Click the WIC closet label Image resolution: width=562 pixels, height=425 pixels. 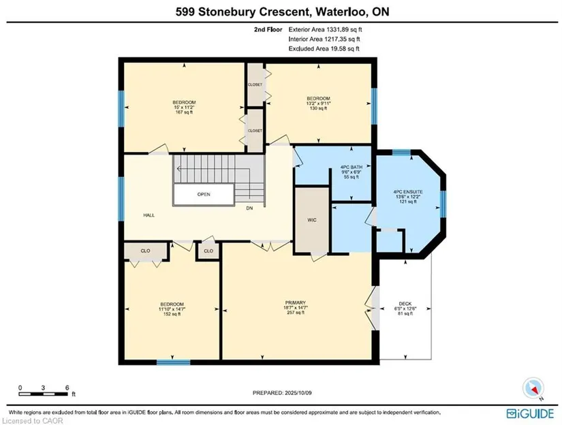tap(312, 220)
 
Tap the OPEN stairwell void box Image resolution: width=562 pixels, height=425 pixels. tap(204, 195)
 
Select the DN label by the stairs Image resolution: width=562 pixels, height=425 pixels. tap(249, 208)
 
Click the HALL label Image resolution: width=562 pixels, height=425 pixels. tap(149, 215)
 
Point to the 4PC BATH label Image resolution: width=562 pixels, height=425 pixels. tap(352, 167)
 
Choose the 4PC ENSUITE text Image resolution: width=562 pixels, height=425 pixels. tap(408, 192)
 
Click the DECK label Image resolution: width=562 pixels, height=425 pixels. tap(405, 304)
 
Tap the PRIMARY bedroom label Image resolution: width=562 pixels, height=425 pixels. tap(296, 303)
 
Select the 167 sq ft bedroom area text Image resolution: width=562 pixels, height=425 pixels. tap(184, 112)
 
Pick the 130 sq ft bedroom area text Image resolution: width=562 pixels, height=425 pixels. tap(318, 108)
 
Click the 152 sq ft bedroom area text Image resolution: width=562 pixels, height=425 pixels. tap(172, 314)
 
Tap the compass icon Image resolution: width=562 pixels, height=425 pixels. tap(533, 388)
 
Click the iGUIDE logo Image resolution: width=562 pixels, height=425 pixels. tap(530, 413)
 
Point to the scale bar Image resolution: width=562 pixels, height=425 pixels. tap(44, 394)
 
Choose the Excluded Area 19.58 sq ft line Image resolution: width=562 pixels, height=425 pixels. tap(324, 49)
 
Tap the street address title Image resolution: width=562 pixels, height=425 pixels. tap(283, 12)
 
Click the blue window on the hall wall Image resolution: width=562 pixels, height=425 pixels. tap(121, 199)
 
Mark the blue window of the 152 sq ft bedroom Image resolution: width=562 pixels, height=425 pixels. tap(174, 362)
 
